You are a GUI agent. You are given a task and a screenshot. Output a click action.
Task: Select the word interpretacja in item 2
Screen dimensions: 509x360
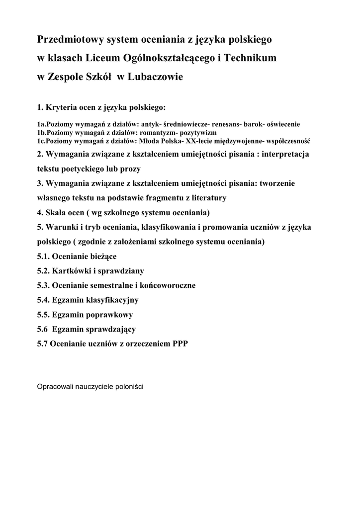[x=285, y=154]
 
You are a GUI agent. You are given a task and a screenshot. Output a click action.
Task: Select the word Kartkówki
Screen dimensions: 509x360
[x=72, y=271]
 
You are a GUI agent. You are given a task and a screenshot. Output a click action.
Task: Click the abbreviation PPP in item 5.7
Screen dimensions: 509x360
[x=180, y=344]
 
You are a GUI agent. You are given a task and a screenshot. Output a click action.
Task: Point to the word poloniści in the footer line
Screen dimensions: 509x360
[x=129, y=386]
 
